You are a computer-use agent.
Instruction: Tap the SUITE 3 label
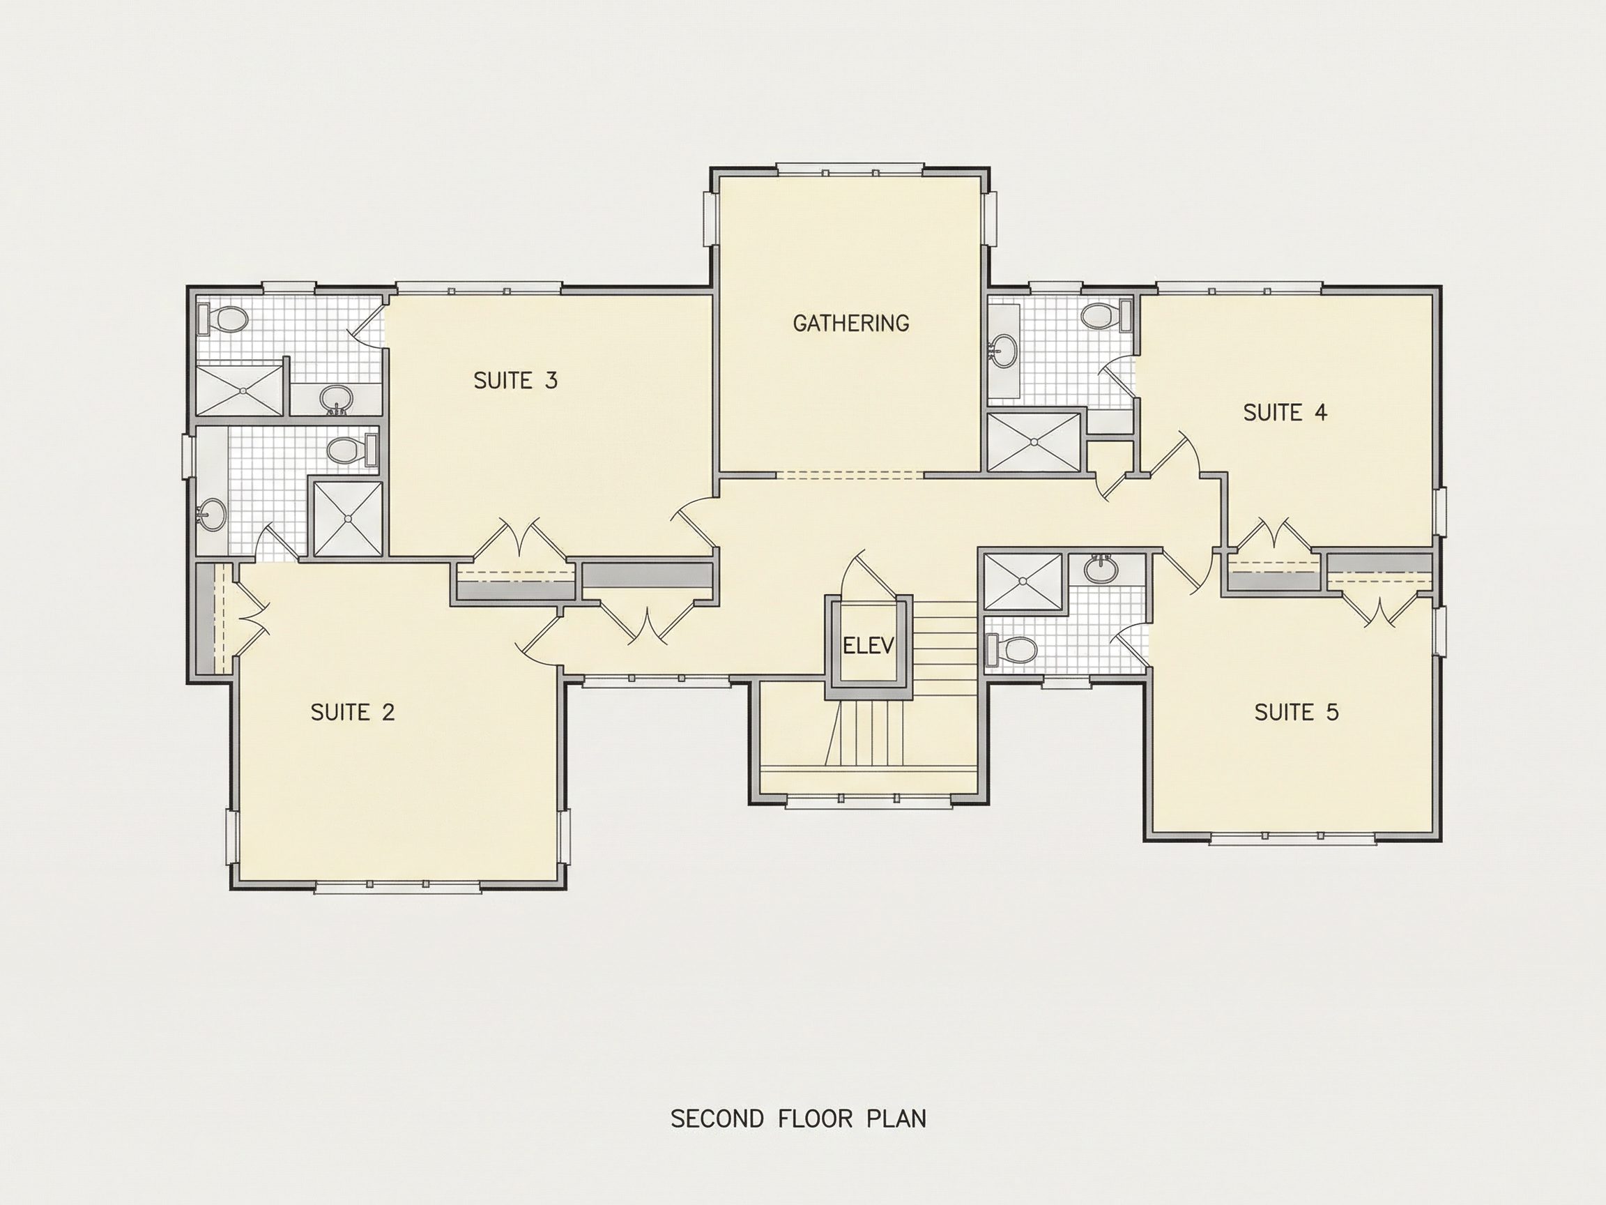516,381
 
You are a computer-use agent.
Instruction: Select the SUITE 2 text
353,713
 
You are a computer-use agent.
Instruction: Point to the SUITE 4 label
1285,413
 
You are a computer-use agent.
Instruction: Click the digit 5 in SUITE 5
1332,713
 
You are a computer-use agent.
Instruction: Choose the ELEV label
869,645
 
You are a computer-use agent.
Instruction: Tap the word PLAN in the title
896,1119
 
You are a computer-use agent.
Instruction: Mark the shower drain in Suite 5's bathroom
1023,581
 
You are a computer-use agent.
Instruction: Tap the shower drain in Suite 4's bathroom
1034,441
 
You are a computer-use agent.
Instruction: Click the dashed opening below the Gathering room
850,476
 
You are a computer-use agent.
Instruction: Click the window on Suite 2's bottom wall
398,887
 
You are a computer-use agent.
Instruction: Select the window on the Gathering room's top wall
850,171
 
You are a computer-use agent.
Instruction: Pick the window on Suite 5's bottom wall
1293,840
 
